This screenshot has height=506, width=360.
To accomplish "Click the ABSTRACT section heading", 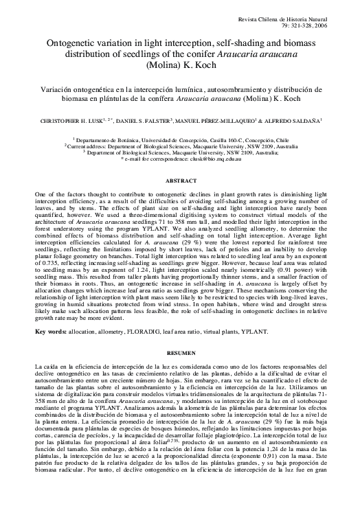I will [180, 181].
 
